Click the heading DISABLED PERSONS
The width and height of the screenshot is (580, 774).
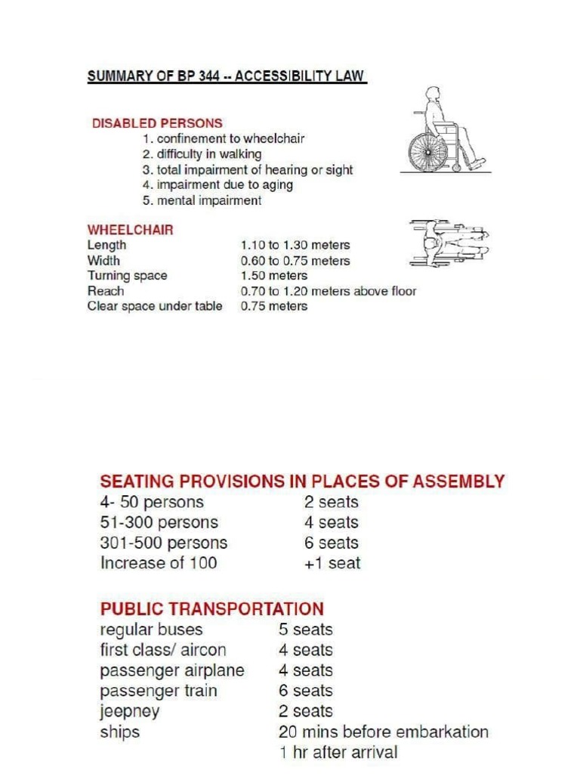coord(157,122)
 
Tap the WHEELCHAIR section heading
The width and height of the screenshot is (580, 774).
coord(130,230)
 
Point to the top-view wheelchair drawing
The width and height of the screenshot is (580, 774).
coord(449,243)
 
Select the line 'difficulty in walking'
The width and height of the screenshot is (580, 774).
coord(202,154)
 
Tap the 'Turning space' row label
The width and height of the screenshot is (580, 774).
coord(127,276)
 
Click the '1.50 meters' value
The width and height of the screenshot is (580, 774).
coord(274,276)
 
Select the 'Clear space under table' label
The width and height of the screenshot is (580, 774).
coord(155,306)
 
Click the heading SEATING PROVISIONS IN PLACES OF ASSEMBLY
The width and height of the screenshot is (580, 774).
coord(303,481)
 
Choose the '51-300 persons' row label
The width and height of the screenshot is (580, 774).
coord(159,522)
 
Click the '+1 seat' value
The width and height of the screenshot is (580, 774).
coord(332,563)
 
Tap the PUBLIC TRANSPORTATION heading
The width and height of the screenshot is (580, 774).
coord(212,608)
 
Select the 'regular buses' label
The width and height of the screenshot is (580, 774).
coord(151,629)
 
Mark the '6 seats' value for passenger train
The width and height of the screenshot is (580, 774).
coord(305,691)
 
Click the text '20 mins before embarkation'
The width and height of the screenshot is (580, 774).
coord(384,732)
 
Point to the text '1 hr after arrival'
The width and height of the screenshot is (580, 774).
coord(338,752)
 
